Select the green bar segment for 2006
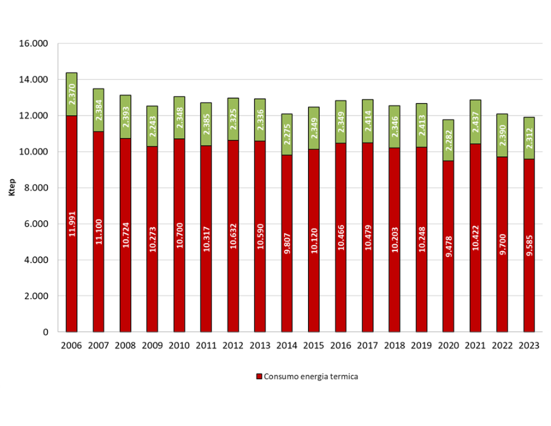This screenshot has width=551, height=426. click(x=72, y=94)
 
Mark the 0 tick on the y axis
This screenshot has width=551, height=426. click(x=46, y=332)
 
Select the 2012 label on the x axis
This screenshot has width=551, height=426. click(x=232, y=345)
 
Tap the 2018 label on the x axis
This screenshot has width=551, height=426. click(x=394, y=345)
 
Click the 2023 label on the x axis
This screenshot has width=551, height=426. click(x=529, y=345)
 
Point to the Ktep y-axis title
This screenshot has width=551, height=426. click(x=11, y=187)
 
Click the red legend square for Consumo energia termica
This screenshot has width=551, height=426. click(x=259, y=377)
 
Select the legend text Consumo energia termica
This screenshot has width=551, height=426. click(x=310, y=377)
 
